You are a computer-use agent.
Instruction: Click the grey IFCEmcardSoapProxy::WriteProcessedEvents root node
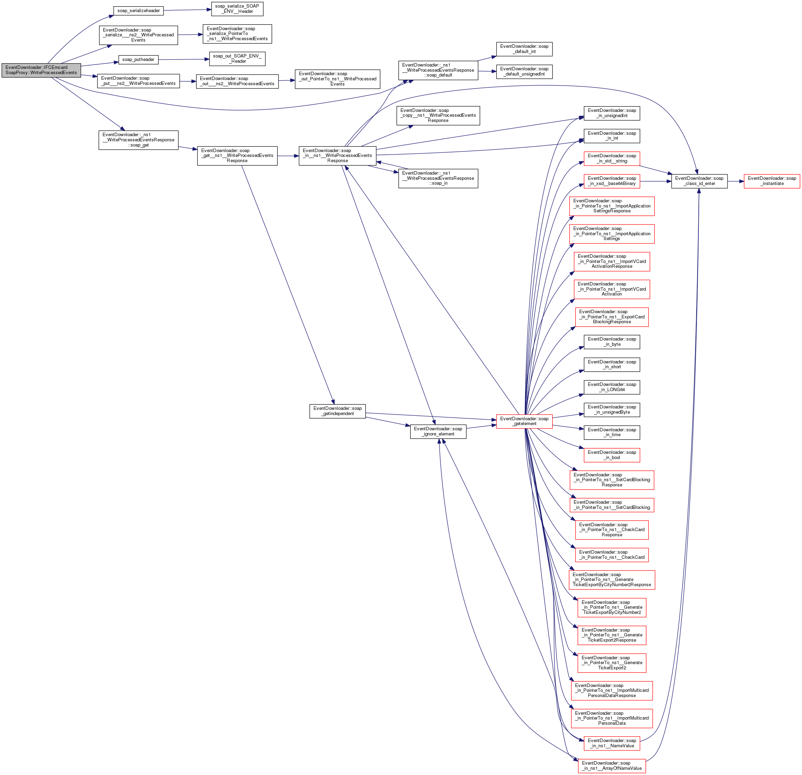(x=41, y=70)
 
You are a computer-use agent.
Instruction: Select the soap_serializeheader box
(x=138, y=11)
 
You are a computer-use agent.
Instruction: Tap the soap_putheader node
(x=138, y=60)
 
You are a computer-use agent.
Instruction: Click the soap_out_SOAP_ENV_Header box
(x=237, y=59)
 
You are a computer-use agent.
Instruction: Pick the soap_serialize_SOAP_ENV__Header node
(x=237, y=9)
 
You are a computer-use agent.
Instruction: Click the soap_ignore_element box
(x=438, y=431)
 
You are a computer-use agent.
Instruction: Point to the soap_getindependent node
(x=337, y=411)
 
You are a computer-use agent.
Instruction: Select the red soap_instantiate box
(x=772, y=181)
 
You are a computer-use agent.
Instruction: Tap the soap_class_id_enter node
(x=699, y=181)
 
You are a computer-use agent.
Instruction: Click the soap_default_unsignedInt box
(x=524, y=72)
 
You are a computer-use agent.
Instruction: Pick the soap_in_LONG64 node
(x=612, y=387)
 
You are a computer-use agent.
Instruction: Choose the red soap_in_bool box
(x=612, y=455)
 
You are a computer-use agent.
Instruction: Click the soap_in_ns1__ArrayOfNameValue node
(x=612, y=766)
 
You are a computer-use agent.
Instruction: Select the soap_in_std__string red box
(x=612, y=158)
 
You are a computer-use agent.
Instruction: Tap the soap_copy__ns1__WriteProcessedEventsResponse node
(x=438, y=115)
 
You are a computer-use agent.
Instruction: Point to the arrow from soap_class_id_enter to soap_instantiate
(x=736, y=181)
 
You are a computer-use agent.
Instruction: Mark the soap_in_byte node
(x=612, y=342)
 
